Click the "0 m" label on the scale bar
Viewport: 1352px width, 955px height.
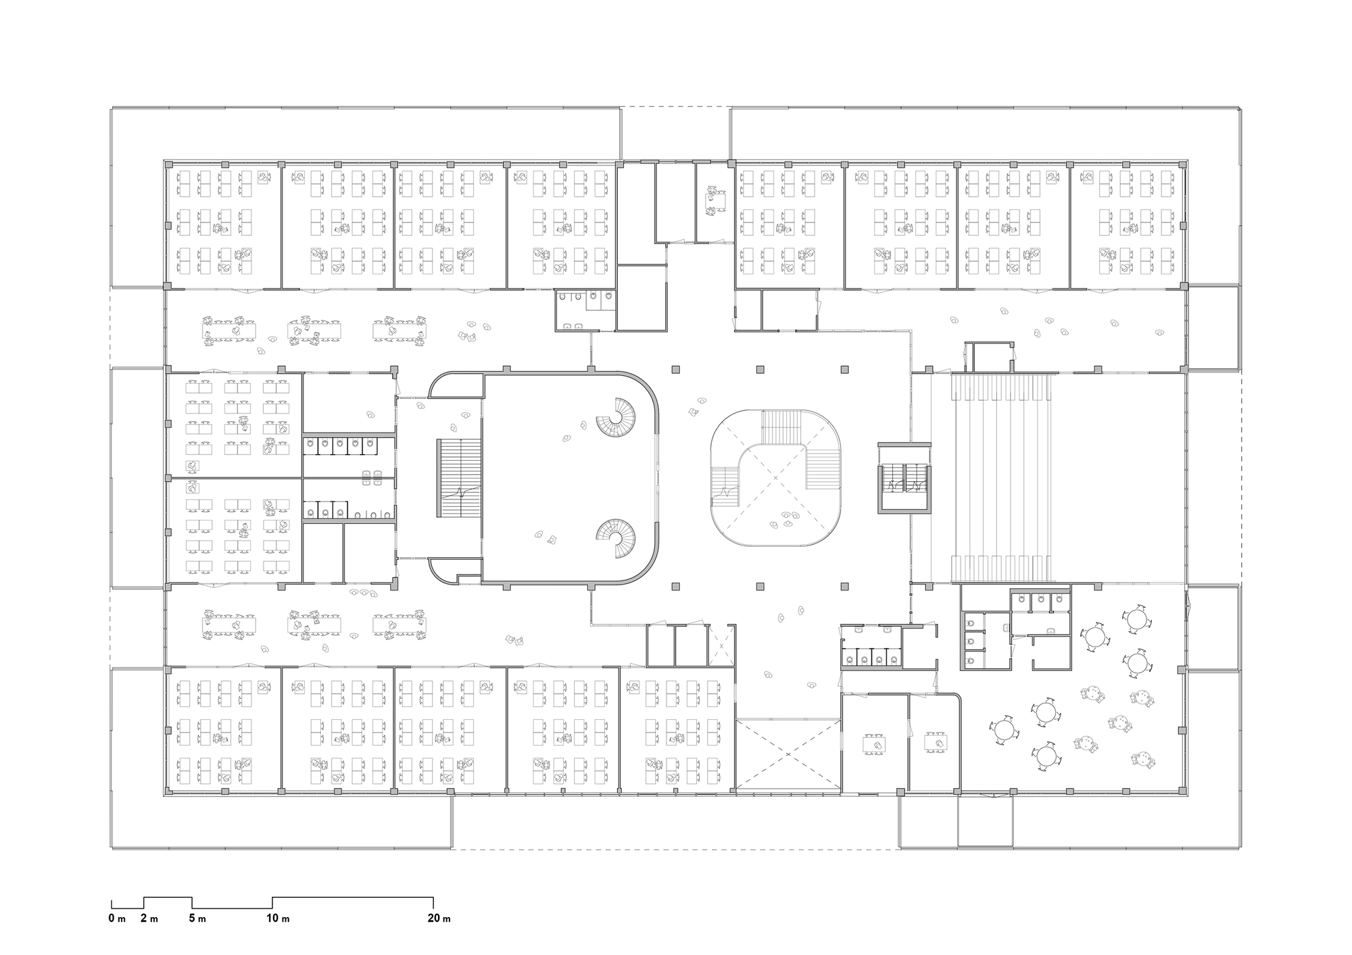pyautogui.click(x=117, y=919)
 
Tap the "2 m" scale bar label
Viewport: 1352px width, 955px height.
pyautogui.click(x=149, y=919)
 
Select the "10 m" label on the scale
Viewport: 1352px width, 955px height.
pyautogui.click(x=278, y=919)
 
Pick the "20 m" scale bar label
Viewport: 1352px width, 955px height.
pyautogui.click(x=439, y=919)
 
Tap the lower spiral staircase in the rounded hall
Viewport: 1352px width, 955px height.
pyautogui.click(x=616, y=539)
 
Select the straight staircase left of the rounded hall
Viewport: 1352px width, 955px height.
pyautogui.click(x=459, y=479)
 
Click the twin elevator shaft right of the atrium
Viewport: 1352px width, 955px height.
pyautogui.click(x=904, y=478)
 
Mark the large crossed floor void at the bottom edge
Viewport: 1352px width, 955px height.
pyautogui.click(x=788, y=755)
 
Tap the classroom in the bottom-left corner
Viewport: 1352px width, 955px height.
pyautogui.click(x=223, y=730)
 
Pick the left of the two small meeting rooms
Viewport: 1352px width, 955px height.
pyautogui.click(x=875, y=742)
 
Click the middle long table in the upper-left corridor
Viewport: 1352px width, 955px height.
pyautogui.click(x=314, y=331)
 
